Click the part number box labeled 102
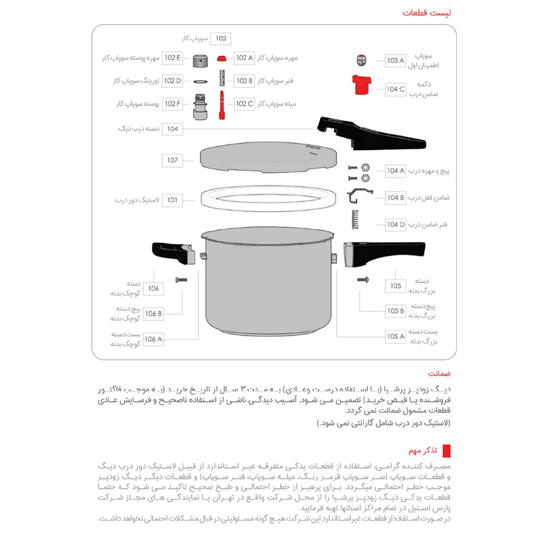coord(222,39)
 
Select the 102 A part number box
coord(244,58)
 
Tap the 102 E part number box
coord(172,58)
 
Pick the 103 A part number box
coord(395,61)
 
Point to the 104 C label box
coord(396,88)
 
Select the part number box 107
coord(173,161)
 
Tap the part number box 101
coord(173,200)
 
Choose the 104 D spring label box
coord(396,225)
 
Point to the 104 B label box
coord(396,198)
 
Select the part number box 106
coord(154,288)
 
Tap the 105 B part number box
coord(396,311)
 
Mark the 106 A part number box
coord(154,339)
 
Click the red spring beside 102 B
coord(221,81)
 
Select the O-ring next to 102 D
coord(200,81)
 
